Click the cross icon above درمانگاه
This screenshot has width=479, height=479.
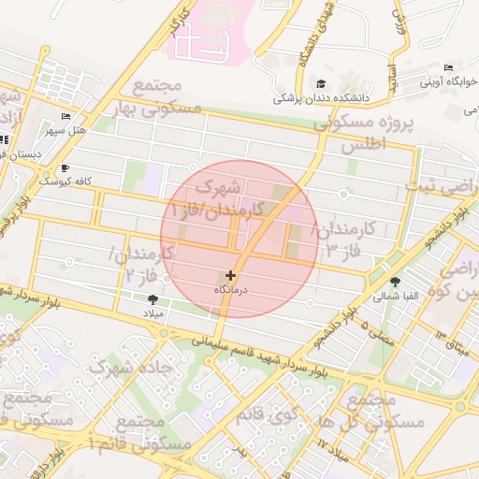(x=231, y=275)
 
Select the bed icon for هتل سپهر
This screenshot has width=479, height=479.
(x=65, y=116)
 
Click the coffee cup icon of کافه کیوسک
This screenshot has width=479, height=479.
(x=65, y=167)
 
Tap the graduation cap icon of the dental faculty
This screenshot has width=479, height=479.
(x=322, y=83)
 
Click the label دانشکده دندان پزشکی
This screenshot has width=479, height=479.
(x=321, y=97)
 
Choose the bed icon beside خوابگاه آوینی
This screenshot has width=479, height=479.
(x=448, y=68)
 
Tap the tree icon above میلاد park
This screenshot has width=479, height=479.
(x=152, y=299)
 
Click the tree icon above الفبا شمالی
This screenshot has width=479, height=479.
(x=397, y=281)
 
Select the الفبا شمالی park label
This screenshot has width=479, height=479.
(x=396, y=297)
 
